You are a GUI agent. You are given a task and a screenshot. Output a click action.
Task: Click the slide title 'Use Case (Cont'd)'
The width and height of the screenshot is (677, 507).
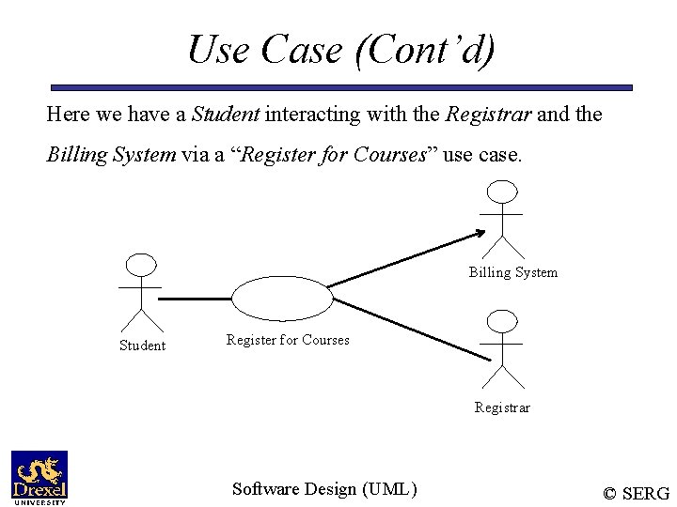coord(340,49)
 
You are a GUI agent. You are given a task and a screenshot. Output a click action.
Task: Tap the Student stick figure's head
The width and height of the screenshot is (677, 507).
coord(140,266)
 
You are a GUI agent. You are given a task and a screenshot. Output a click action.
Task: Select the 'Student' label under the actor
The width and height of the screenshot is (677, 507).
coord(142,346)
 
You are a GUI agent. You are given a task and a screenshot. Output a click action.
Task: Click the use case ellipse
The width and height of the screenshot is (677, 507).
coord(282,298)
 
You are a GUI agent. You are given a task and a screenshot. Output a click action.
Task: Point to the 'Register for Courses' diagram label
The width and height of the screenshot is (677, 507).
coord(288,340)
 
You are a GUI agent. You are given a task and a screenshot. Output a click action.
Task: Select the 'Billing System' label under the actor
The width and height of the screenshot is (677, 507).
coord(512,272)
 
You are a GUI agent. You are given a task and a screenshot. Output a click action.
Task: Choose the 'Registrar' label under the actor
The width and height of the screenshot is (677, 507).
coord(502,407)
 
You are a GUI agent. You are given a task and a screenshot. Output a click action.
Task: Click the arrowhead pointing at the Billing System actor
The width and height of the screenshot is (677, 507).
coord(480,234)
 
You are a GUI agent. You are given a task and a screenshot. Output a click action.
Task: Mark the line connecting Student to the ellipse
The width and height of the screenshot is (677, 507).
coord(195,299)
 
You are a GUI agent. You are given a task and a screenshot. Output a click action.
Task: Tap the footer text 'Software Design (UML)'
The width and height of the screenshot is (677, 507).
coord(324,488)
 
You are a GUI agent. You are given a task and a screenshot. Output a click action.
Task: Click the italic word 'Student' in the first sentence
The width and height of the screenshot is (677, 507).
coord(226,115)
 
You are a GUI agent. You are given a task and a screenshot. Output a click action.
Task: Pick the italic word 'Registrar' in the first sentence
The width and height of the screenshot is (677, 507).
coord(488,115)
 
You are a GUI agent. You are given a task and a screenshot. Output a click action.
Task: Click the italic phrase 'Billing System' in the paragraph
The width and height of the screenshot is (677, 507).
coord(110,155)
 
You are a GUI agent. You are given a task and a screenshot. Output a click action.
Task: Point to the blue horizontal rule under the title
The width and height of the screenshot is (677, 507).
coord(340,87)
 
